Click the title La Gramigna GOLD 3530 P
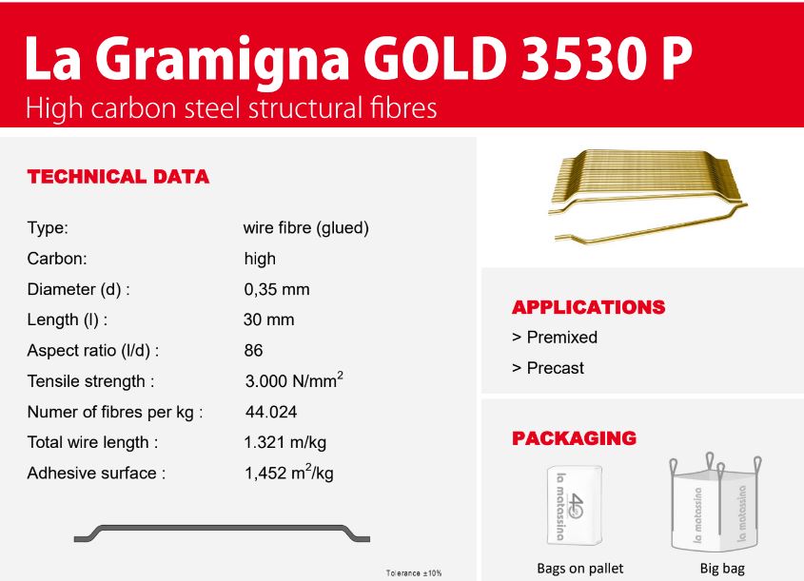(358, 60)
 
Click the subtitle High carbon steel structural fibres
(231, 108)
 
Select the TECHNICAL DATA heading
(118, 177)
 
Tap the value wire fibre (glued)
(306, 228)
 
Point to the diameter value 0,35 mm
(277, 289)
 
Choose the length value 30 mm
(269, 320)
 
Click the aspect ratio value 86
(254, 351)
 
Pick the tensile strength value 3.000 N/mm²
(294, 380)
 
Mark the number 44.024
(271, 412)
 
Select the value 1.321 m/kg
(285, 443)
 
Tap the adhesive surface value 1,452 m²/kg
(289, 472)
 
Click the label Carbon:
(57, 259)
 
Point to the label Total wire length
(93, 443)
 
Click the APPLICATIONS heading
(589, 307)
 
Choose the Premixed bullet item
(555, 338)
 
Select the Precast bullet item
(548, 368)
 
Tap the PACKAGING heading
(575, 438)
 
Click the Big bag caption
(722, 569)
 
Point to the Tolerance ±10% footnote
(414, 573)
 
